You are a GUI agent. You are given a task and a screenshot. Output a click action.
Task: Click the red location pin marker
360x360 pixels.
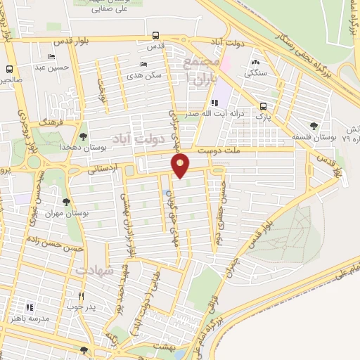click(181, 166)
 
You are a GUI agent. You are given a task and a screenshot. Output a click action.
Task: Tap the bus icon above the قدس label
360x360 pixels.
click(155, 35)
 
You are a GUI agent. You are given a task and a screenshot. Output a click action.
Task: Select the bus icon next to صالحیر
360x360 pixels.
click(9, 69)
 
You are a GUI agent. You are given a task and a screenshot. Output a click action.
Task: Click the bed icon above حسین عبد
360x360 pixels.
click(51, 58)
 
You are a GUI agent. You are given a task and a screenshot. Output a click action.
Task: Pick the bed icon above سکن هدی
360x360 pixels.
click(143, 64)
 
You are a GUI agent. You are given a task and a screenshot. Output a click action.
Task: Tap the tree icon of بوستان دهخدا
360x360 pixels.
click(84, 136)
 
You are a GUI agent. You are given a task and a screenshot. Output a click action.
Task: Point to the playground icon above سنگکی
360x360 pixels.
click(255, 62)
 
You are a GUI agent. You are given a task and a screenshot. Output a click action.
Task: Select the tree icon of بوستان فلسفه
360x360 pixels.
click(314, 126)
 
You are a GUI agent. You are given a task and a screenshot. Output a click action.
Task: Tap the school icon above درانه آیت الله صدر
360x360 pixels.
click(205, 103)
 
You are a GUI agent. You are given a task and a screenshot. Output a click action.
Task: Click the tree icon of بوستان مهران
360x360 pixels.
click(66, 202)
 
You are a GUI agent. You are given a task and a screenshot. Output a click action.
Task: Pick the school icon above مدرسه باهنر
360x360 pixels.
click(30, 307)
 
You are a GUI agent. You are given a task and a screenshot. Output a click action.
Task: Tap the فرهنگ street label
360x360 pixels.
click(51, 122)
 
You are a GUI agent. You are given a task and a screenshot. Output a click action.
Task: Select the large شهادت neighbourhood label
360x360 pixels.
click(94, 271)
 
